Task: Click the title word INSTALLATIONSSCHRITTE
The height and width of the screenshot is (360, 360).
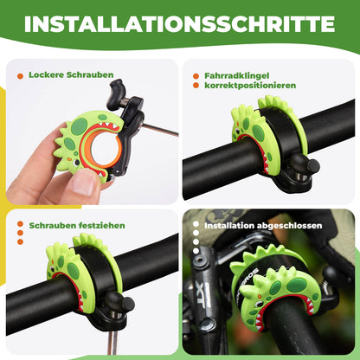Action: pos(180,23)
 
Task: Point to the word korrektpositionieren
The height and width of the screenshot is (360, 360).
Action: pos(245,87)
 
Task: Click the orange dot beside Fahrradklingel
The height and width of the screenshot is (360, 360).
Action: pos(195,76)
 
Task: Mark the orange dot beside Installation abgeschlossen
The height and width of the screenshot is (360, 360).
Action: pos(196,226)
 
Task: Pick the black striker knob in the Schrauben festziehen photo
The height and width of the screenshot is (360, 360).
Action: pos(126,304)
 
